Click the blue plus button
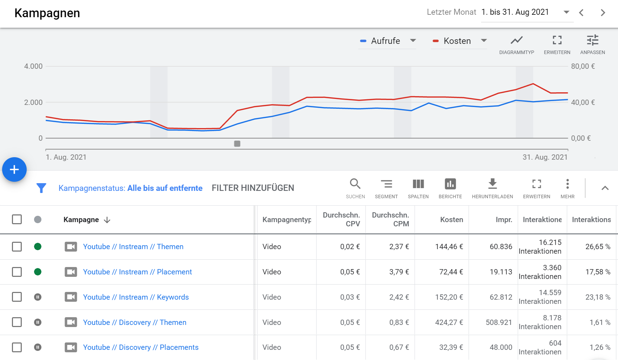click(14, 170)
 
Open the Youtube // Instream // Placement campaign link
click(138, 272)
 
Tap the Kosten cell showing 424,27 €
click(449, 322)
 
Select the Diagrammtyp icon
click(517, 40)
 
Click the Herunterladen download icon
click(493, 184)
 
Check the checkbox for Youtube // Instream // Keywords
click(17, 297)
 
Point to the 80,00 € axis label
click(583, 66)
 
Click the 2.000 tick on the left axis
click(33, 102)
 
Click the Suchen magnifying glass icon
click(355, 184)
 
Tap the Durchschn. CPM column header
click(391, 219)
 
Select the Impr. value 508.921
click(499, 322)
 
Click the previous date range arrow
click(582, 13)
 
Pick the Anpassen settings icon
click(593, 40)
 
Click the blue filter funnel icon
click(41, 188)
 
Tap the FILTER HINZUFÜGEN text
click(253, 188)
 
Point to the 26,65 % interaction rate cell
click(598, 247)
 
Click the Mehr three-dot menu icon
click(567, 184)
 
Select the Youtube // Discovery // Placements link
click(141, 347)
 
